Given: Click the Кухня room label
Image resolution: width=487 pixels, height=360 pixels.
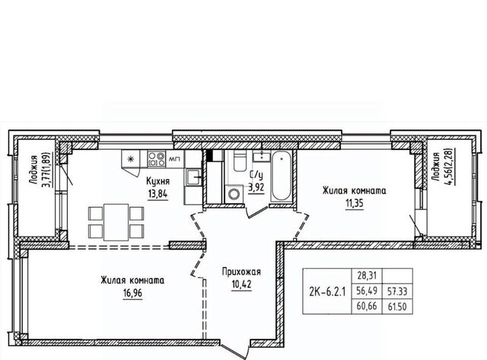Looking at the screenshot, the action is coord(158,182).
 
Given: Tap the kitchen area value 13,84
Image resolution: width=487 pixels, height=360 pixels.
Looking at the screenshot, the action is coord(158,194).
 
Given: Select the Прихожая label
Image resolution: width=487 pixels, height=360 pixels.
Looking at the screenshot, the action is coord(241,272).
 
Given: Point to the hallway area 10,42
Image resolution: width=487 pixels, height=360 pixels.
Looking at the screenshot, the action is coord(241,284).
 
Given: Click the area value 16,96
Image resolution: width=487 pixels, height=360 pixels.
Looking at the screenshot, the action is coord(132,292).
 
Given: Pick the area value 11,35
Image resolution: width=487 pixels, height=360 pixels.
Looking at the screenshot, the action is coord(355,203).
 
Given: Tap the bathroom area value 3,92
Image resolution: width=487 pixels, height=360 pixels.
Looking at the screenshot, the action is coord(256,188).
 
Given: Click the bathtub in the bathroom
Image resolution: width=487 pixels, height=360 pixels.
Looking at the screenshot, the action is coord(281,176).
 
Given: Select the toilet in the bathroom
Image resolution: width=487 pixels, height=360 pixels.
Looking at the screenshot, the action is coord(240,161).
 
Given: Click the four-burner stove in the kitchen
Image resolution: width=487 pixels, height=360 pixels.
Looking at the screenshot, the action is coord(156,159).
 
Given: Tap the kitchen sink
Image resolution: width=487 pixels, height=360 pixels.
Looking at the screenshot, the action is coord(193,177).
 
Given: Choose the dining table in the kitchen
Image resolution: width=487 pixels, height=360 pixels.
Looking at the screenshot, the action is coord(116,222).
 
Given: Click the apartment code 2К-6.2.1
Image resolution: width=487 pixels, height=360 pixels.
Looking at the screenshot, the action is coord(327,292).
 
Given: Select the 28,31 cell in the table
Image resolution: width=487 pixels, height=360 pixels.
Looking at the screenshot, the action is coord(367,276).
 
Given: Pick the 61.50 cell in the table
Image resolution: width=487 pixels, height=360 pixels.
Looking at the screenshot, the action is coord(397,307).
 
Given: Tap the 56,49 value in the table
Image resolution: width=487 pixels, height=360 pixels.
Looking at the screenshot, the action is coord(367,291).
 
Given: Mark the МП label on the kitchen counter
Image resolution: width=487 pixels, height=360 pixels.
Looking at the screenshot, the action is coord(173,159).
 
